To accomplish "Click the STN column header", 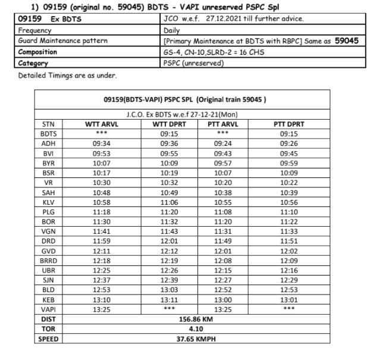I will [49, 124].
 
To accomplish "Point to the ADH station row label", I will [49, 143].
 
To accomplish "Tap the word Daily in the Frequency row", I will [172, 30].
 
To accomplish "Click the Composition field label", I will [38, 52].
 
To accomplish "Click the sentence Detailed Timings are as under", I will [67, 76].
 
